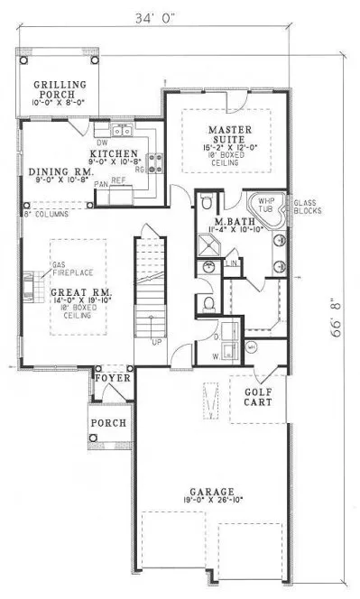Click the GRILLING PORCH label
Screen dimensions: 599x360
[x=60, y=88]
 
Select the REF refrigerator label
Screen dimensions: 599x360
[x=118, y=180]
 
